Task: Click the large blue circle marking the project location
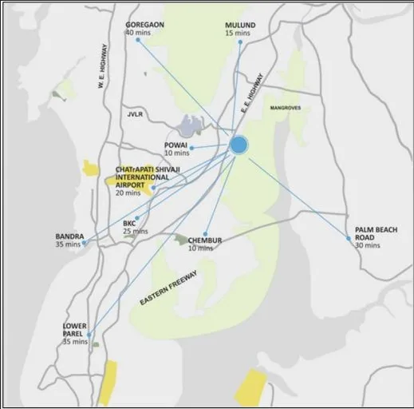(239, 145)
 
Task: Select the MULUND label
(240, 26)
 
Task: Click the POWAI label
(175, 145)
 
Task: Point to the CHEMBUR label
(205, 240)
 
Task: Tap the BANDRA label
(69, 236)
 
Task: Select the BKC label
(129, 224)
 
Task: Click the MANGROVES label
(286, 107)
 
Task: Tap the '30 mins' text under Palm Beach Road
(368, 245)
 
